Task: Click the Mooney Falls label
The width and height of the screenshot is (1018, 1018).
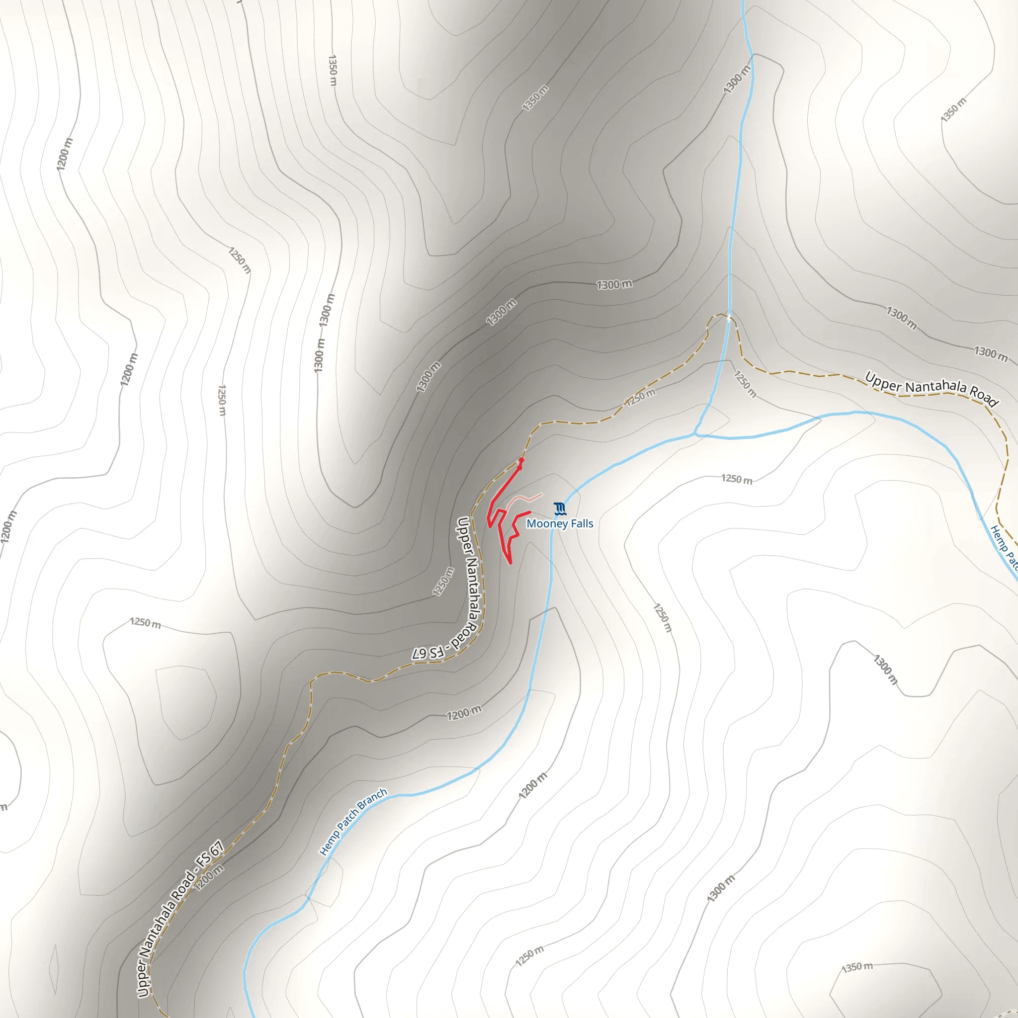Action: pos(560,524)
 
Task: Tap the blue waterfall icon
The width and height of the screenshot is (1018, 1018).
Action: pos(560,509)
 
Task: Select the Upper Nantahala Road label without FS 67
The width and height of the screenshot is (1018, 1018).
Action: pos(932,389)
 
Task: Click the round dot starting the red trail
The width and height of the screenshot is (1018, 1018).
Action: pos(521,460)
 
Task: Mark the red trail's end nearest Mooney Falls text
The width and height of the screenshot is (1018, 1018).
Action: pos(529,512)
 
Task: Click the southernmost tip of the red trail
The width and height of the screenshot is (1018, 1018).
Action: pos(510,563)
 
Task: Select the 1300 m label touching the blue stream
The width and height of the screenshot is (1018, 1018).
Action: pos(737,80)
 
